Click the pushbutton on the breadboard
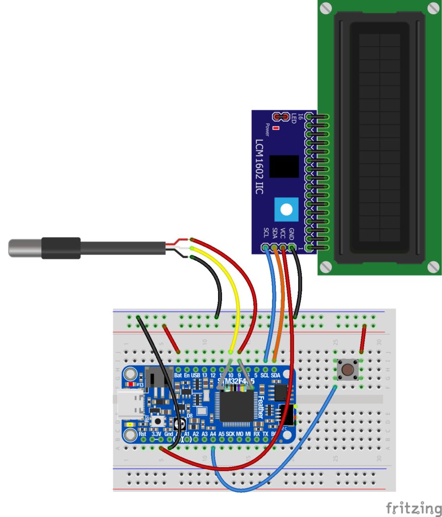tap(348, 370)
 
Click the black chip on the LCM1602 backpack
tap(284, 167)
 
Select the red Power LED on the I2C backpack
tap(275, 128)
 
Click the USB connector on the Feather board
tap(130, 404)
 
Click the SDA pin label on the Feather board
tap(275, 376)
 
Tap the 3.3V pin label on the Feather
tap(156, 434)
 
